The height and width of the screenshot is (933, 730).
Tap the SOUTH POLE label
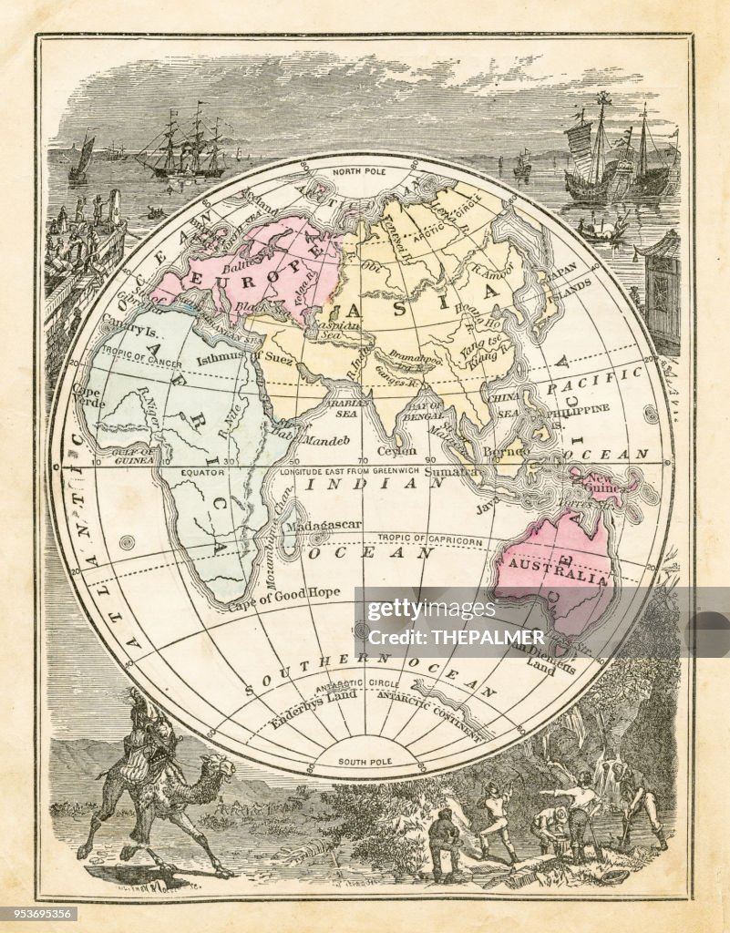pyautogui.click(x=364, y=762)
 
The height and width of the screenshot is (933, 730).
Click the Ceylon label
pyautogui.click(x=396, y=450)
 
